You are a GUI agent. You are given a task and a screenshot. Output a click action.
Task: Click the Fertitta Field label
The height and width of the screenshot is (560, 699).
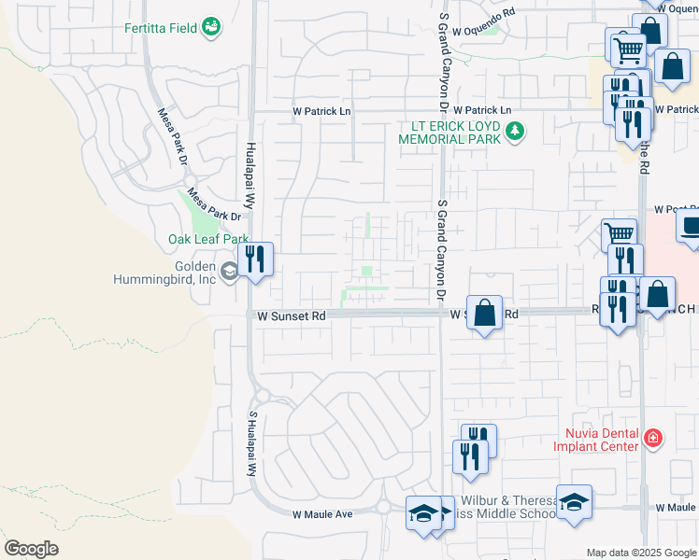[x=161, y=28]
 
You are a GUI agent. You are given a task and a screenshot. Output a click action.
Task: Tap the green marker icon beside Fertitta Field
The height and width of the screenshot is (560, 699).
[x=212, y=27]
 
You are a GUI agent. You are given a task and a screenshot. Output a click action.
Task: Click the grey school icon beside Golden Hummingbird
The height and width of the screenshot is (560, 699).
[x=229, y=272]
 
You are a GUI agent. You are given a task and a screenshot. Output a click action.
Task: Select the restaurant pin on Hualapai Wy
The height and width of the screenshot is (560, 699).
[x=255, y=259]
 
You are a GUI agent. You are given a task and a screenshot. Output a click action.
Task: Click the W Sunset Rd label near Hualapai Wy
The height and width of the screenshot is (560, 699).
[x=292, y=316]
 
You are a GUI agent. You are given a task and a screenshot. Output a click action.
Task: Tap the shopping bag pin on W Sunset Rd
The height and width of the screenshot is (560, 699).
[x=485, y=313]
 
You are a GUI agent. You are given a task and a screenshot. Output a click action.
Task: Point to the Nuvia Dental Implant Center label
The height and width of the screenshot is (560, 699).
[x=601, y=439]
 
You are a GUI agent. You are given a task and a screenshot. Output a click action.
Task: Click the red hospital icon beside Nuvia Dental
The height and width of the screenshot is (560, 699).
[x=652, y=438]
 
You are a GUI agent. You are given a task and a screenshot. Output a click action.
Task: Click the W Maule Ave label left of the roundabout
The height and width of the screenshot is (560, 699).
[x=321, y=514]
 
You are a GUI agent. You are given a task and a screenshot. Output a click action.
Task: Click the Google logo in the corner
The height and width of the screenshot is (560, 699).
[x=31, y=549]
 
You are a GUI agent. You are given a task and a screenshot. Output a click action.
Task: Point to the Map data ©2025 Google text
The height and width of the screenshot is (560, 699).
[x=641, y=553]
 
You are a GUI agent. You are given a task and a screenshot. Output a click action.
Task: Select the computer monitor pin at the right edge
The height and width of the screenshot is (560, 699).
[x=691, y=227]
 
